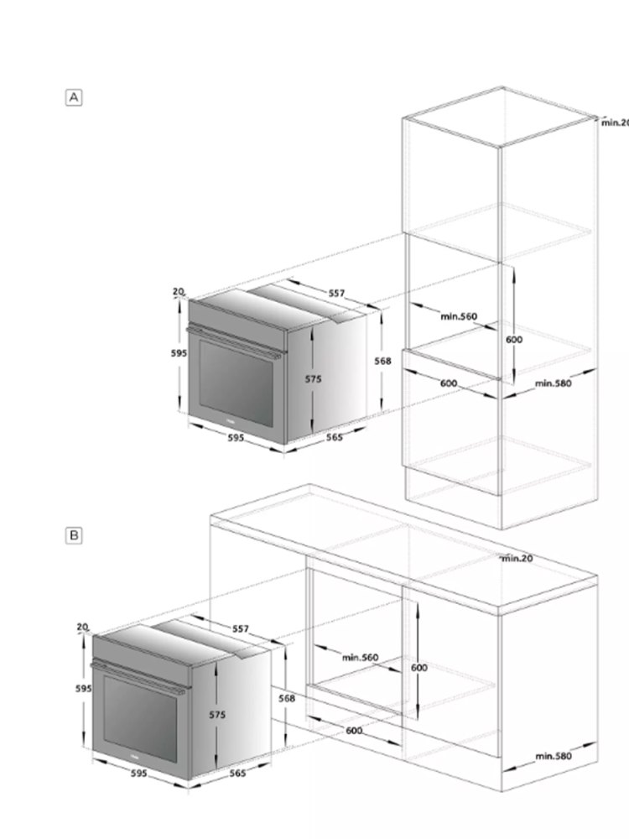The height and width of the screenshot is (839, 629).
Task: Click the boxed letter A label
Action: pyautogui.click(x=74, y=97)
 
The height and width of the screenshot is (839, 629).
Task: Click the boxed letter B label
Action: pyautogui.click(x=74, y=535)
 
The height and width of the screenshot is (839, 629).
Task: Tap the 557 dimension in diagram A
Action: pyautogui.click(x=336, y=293)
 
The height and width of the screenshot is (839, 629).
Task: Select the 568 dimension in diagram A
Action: pyautogui.click(x=382, y=361)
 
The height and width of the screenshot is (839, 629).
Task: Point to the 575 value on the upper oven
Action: pyautogui.click(x=314, y=379)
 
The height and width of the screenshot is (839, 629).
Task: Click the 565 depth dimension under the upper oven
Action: pyautogui.click(x=335, y=437)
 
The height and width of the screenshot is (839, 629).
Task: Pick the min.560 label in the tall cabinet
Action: pyautogui.click(x=459, y=316)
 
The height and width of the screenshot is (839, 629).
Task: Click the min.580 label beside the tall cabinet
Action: pyautogui.click(x=553, y=383)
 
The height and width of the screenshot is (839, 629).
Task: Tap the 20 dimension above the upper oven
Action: pyautogui.click(x=179, y=292)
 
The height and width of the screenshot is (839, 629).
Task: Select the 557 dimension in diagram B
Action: pyautogui.click(x=241, y=628)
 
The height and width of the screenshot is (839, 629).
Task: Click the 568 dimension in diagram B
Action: pyautogui.click(x=287, y=698)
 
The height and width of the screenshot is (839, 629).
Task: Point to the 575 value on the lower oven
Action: pyautogui.click(x=217, y=715)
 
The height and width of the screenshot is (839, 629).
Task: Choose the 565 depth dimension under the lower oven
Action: pyautogui.click(x=237, y=774)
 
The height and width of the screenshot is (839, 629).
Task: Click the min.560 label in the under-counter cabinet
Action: pyautogui.click(x=360, y=657)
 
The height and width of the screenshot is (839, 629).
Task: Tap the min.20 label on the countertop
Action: pyautogui.click(x=517, y=559)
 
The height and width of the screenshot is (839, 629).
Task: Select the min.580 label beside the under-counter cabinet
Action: pyautogui.click(x=553, y=756)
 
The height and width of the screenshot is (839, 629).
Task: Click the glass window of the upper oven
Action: pyautogui.click(x=236, y=383)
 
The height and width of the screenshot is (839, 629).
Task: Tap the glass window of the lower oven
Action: pyautogui.click(x=139, y=719)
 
